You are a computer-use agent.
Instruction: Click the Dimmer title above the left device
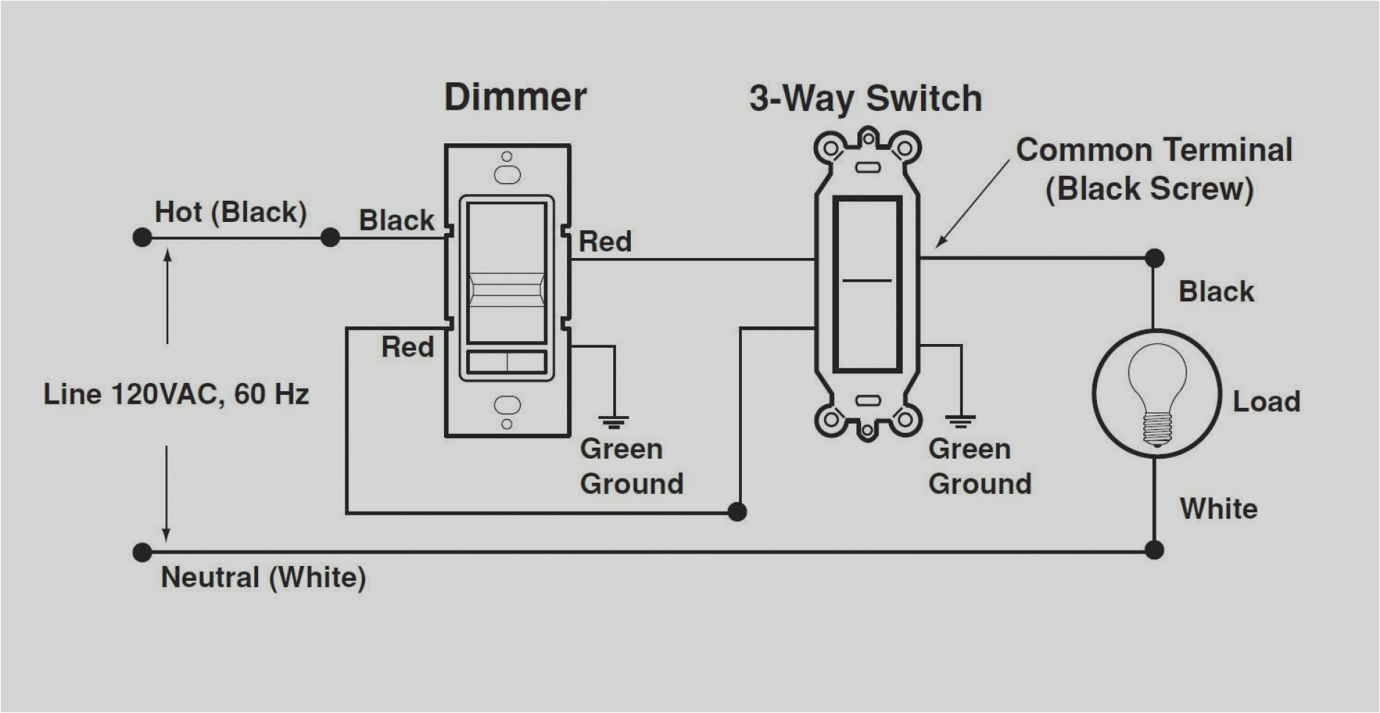pyautogui.click(x=515, y=98)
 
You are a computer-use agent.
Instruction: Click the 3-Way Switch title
pyautogui.click(x=865, y=98)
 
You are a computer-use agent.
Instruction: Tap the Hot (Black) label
pyautogui.click(x=230, y=212)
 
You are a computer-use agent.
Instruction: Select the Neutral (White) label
pyautogui.click(x=263, y=577)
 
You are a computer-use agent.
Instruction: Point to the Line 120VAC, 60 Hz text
pyautogui.click(x=176, y=395)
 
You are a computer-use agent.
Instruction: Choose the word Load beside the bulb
pyautogui.click(x=1266, y=401)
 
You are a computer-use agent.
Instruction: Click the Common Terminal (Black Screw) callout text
pyautogui.click(x=1153, y=169)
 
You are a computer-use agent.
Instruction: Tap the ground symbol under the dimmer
pyautogui.click(x=613, y=422)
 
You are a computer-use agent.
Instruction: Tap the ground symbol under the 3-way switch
pyautogui.click(x=960, y=422)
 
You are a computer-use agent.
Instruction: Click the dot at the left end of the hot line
pyautogui.click(x=142, y=237)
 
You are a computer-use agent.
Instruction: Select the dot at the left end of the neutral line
pyautogui.click(x=142, y=552)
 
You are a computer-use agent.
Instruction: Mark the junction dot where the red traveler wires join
pyautogui.click(x=737, y=512)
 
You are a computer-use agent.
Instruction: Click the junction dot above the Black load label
pyautogui.click(x=1154, y=258)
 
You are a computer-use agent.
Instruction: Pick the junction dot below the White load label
pyautogui.click(x=1154, y=549)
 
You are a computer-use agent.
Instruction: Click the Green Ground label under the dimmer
pyautogui.click(x=631, y=466)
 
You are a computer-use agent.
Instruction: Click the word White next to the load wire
pyautogui.click(x=1218, y=509)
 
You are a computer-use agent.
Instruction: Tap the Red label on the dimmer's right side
pyautogui.click(x=605, y=242)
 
